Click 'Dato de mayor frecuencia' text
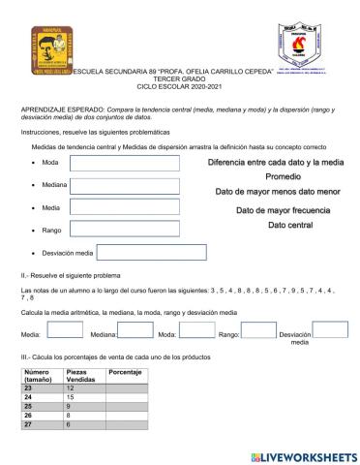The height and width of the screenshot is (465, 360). (283, 210)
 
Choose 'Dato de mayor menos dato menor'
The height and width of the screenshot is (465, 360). (276, 193)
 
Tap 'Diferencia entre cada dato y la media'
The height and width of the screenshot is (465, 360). (276, 162)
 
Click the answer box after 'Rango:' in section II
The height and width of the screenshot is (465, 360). (257, 332)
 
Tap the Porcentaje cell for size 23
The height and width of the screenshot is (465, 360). (126, 387)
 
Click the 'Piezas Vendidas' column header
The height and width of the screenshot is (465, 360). (82, 375)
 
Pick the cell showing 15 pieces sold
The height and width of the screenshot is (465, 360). (82, 397)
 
